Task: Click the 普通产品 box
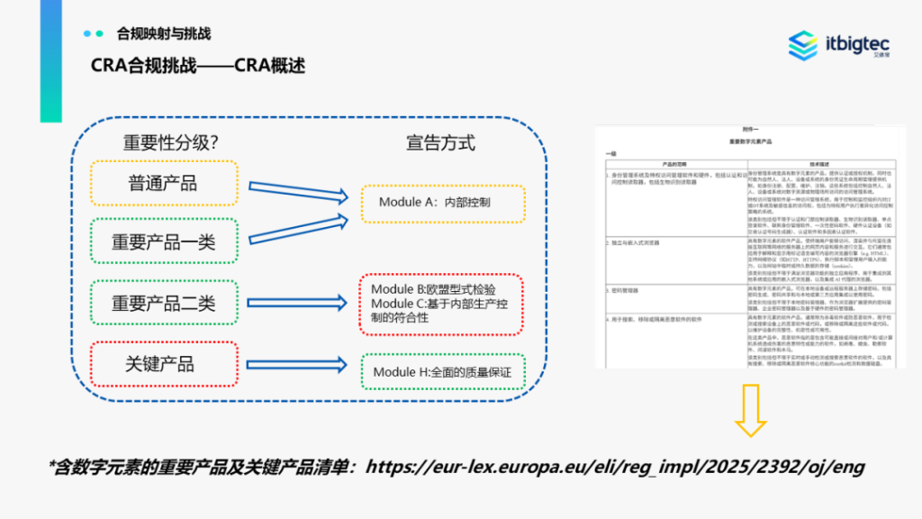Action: click(163, 183)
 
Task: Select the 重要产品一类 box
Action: click(163, 241)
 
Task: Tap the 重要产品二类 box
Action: click(163, 303)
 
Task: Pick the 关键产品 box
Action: click(163, 364)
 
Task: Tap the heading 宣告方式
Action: click(440, 142)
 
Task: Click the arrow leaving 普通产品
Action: click(298, 187)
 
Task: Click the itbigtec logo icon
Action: click(802, 46)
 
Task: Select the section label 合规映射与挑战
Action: click(163, 33)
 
